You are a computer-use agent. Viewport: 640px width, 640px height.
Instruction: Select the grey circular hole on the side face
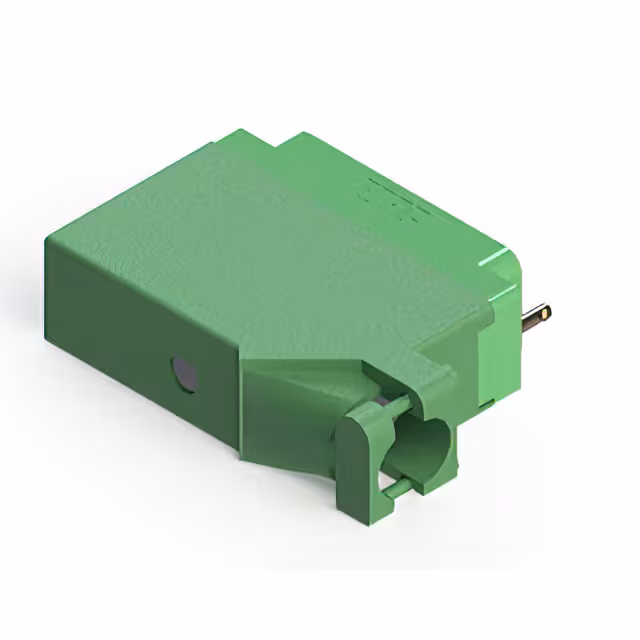tap(183, 372)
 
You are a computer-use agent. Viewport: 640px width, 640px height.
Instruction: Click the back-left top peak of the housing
tap(233, 129)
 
